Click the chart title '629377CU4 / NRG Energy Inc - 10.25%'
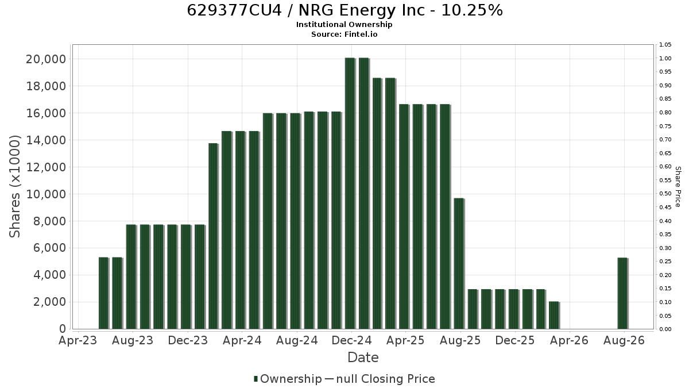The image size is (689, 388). (x=345, y=10)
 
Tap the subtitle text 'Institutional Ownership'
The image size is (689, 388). (x=344, y=24)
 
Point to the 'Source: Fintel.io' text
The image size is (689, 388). (x=344, y=34)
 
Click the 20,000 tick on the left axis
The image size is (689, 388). (x=46, y=59)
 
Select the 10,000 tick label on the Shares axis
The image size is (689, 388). (x=46, y=194)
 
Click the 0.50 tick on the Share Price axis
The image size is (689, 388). (x=665, y=194)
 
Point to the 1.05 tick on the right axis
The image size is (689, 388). (x=665, y=45)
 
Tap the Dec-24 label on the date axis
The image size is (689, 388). (x=351, y=340)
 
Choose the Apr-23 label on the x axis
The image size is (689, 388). (x=78, y=340)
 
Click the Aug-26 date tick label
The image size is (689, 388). (x=624, y=340)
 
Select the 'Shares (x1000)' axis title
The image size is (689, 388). (x=14, y=186)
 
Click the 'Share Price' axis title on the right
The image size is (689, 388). (x=678, y=187)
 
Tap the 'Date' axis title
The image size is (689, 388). (x=363, y=358)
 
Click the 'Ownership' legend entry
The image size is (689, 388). (x=288, y=379)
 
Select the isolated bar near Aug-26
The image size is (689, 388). (x=623, y=293)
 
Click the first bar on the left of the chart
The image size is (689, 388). (x=104, y=293)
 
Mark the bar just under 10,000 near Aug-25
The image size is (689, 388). (x=459, y=264)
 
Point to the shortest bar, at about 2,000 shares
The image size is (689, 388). (x=554, y=316)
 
